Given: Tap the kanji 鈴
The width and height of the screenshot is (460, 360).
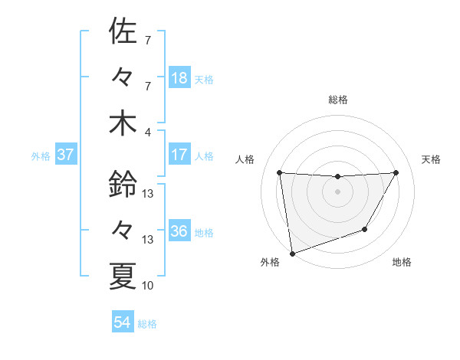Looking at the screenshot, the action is point(123,184).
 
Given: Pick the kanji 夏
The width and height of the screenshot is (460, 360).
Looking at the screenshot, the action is point(123,276).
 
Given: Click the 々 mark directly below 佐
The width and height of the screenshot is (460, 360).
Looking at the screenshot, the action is point(123,77).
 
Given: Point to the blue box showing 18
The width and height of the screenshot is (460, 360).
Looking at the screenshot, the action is point(179,78).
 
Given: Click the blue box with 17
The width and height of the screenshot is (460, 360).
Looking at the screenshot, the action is point(179,155).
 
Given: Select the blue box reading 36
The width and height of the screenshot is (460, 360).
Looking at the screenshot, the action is point(179,231).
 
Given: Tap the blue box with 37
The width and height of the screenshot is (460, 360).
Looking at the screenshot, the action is point(66,155).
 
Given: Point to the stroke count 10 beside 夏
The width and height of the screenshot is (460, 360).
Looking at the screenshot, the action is point(148,286).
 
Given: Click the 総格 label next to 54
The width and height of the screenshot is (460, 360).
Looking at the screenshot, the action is point(147,324).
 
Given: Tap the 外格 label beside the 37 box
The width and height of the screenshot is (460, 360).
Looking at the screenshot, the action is point(41,156).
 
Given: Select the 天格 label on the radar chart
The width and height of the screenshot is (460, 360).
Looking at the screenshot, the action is point(431,159).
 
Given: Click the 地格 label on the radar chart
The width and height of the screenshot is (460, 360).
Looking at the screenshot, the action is point(402,263).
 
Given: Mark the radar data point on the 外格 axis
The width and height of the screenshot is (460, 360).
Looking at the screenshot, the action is point(292,253).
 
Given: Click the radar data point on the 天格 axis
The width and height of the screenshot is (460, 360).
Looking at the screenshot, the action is point(396,173).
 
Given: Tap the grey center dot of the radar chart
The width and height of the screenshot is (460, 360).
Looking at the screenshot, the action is point(337,191).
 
